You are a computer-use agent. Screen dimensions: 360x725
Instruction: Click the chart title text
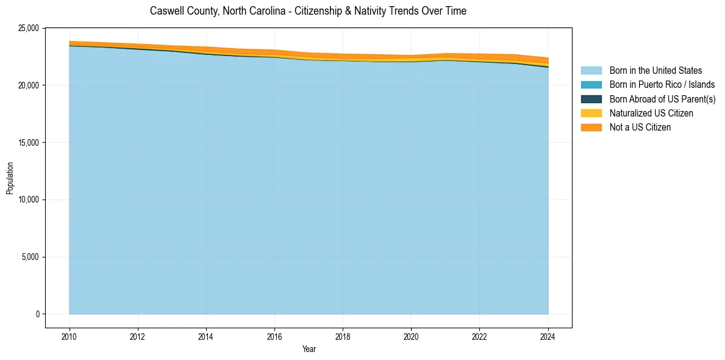click(x=308, y=11)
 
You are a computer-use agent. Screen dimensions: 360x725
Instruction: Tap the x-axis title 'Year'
click(x=309, y=349)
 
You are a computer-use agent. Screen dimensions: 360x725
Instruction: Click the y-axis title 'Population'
click(x=10, y=178)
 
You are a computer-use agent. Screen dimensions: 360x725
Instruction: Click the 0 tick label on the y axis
click(x=38, y=314)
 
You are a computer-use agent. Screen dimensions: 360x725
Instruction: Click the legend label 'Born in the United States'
click(x=655, y=71)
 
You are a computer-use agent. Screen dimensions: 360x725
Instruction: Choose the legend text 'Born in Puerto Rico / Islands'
click(x=662, y=85)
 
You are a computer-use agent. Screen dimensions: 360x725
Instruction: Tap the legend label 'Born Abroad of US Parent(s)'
click(x=662, y=99)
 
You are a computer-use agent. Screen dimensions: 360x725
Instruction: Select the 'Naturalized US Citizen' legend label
click(x=651, y=113)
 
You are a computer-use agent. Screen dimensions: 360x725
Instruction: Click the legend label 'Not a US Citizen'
click(x=640, y=128)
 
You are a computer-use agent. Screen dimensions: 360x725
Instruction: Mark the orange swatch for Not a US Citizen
click(x=591, y=128)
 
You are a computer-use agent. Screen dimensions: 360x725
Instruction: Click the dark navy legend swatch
click(x=591, y=99)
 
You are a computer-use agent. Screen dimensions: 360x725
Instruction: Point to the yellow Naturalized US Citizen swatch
click(x=591, y=113)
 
